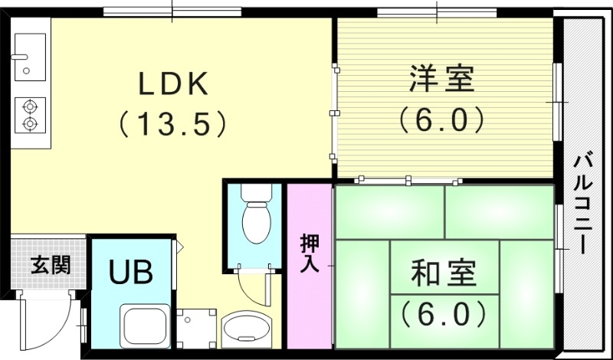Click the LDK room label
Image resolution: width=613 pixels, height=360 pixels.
coord(172,83)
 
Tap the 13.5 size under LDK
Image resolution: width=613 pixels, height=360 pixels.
coord(173,122)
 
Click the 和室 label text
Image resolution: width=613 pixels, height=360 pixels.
coord(444,272)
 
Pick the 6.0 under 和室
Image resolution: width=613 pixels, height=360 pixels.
coord(442,312)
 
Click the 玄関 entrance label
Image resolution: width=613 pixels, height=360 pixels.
coord(51,266)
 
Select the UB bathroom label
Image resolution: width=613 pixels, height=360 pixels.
coord(130,272)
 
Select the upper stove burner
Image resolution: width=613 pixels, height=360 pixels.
coord(29,106)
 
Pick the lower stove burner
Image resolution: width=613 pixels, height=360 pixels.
coord(29,123)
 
